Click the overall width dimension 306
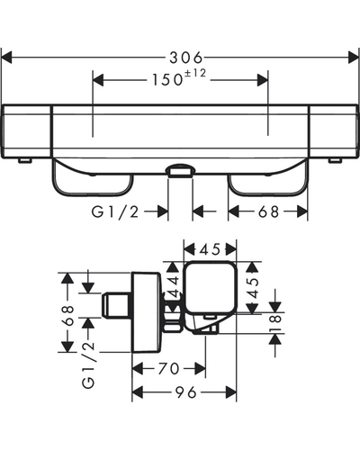pos(186,58)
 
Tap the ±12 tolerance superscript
pos(195,73)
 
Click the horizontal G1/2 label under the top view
pos(115,212)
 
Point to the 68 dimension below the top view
pos(268,212)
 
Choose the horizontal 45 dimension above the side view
pos(211,249)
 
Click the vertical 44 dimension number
pos(174,288)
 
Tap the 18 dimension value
pos(275,322)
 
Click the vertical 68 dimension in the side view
pos(67,316)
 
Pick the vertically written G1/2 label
pos(88,365)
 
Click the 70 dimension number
pos(168,369)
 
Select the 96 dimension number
pos(186,392)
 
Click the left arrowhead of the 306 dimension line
pos(6,58)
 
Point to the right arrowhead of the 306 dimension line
pos(353,58)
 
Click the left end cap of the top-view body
pos(26,131)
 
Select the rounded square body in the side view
pos(211,287)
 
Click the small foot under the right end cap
pos(335,160)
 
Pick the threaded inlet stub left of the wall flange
pos(117,305)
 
